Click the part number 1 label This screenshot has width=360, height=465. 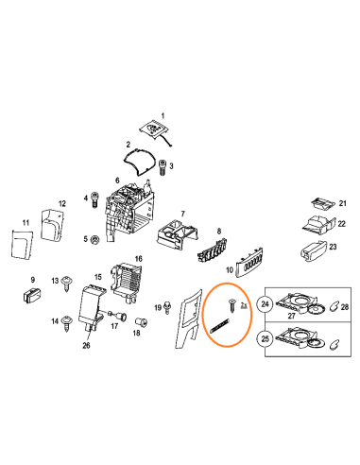point(163,116)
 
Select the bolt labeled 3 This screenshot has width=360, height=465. point(163,167)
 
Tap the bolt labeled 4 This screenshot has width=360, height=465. point(94,199)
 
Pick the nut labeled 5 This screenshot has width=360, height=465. point(94,240)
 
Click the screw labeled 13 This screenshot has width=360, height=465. point(67,284)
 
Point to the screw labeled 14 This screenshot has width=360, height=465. point(67,323)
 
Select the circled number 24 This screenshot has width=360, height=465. point(266,304)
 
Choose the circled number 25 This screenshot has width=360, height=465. point(266,339)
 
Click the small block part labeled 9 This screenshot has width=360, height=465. point(32,294)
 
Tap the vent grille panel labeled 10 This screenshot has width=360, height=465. point(250,263)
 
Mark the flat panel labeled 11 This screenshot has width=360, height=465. point(22,244)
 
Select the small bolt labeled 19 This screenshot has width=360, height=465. point(167,307)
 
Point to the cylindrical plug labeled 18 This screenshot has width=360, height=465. point(141,322)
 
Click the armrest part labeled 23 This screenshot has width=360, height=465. point(314,251)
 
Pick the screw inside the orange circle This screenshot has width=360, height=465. point(232,305)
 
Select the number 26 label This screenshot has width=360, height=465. point(86,345)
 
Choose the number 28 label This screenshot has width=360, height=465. point(345,306)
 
